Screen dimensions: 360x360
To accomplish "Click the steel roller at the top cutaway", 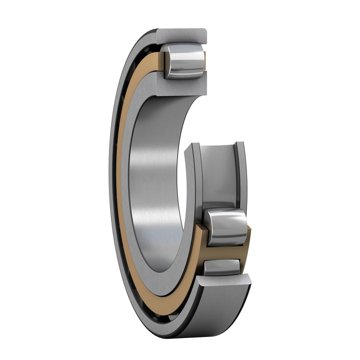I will tap(184, 61).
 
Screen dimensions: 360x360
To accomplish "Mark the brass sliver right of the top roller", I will tap(205, 60).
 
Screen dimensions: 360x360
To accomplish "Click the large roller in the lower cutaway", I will tap(226, 227).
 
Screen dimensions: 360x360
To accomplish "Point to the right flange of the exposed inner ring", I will tap(241, 175).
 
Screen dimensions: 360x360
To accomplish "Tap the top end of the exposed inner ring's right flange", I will tap(240, 145).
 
